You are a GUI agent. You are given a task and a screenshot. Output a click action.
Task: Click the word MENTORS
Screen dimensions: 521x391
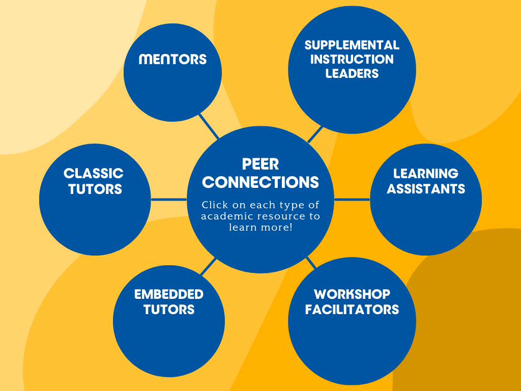[172, 59]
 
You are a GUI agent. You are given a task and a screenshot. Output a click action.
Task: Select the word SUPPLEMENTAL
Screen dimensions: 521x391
[352, 45]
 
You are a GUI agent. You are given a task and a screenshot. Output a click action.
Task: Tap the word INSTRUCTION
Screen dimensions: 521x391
[352, 59]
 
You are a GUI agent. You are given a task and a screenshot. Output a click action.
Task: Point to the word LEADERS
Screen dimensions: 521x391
[352, 73]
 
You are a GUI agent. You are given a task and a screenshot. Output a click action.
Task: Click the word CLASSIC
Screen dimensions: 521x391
[94, 173]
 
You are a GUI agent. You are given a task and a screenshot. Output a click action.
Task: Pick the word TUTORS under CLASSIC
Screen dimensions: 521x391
[95, 189]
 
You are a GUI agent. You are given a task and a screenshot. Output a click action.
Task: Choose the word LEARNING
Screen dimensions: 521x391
[426, 173]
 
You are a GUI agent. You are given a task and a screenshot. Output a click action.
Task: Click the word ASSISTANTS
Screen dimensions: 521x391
[426, 189]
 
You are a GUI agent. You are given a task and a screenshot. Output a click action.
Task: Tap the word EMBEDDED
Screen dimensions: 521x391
[169, 294]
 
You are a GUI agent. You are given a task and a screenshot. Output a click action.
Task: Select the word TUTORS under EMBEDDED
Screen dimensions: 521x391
[169, 310]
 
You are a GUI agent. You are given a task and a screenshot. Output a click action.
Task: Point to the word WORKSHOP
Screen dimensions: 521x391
[352, 294]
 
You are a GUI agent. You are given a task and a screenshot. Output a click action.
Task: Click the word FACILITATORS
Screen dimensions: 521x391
[352, 310]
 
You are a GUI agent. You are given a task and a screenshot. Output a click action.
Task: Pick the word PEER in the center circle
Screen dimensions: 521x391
[260, 164]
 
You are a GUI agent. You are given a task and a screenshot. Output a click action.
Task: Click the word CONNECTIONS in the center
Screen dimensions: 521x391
[260, 182]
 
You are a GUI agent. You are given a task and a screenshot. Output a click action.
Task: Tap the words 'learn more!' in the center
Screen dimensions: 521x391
[260, 228]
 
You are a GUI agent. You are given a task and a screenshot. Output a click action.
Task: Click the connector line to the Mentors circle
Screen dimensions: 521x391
[209, 127]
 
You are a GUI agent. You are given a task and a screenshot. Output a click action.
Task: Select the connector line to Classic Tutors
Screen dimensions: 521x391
[169, 200]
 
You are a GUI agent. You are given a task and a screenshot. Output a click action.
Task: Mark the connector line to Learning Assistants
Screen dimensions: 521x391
[352, 200]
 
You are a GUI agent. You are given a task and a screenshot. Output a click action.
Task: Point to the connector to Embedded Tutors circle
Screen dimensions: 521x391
[208, 267]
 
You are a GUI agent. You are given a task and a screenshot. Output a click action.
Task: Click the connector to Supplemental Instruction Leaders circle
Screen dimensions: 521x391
[315, 134]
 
